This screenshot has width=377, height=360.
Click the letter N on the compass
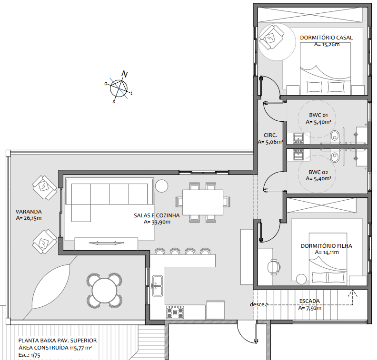124,74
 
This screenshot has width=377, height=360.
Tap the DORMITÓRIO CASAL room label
326,38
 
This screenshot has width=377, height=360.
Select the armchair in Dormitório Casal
271,38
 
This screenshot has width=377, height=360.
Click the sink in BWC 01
298,138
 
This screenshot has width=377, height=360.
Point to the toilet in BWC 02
334,156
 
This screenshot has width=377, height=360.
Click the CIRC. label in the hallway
270,135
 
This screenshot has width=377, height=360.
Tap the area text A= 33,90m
157,222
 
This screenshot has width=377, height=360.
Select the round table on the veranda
104,291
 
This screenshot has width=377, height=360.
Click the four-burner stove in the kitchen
175,312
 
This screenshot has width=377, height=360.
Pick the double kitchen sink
157,286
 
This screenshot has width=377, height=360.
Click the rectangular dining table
203,202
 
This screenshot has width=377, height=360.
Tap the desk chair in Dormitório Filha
274,267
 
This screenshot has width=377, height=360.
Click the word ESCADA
309,301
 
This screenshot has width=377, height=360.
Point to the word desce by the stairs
257,304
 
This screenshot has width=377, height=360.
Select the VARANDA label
29,212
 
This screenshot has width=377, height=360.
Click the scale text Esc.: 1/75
29,355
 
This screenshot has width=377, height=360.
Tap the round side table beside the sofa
161,185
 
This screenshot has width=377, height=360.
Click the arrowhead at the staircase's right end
353,292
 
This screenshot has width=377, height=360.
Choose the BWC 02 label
318,172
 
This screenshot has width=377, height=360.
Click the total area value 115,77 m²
81,348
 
